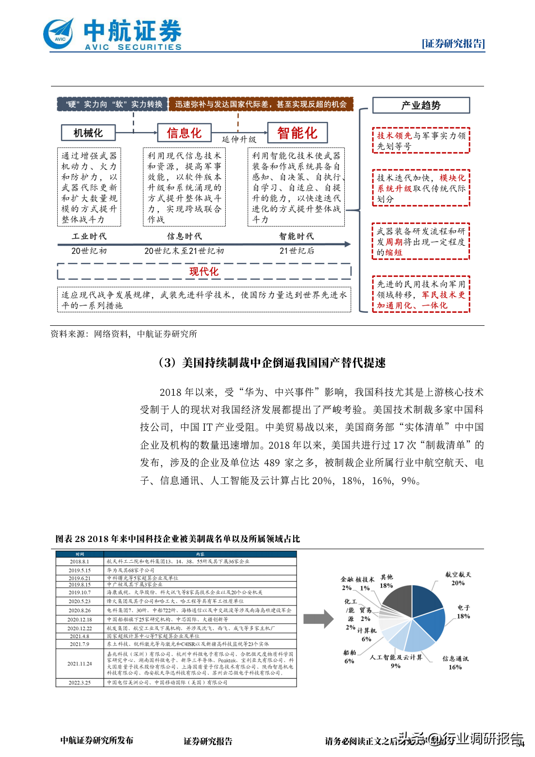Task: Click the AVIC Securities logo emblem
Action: click(x=59, y=34)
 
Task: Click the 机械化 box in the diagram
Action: click(x=88, y=133)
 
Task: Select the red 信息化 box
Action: click(x=184, y=133)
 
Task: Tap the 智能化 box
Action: click(x=297, y=133)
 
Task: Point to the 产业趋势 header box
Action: click(x=421, y=105)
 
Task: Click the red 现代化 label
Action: click(x=204, y=271)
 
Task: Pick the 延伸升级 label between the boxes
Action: click(x=239, y=139)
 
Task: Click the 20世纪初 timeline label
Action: click(x=89, y=251)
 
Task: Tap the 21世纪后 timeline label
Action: click(x=297, y=251)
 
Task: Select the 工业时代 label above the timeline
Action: click(x=89, y=236)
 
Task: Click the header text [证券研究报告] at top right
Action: click(x=453, y=44)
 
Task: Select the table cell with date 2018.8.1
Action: click(x=79, y=561)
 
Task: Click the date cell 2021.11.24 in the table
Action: click(x=80, y=663)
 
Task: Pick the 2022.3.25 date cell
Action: click(x=80, y=682)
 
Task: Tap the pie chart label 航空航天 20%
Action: click(x=458, y=578)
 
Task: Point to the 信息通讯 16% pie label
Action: click(x=455, y=663)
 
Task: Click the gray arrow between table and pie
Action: click(x=318, y=619)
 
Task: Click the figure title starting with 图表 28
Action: click(x=178, y=538)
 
